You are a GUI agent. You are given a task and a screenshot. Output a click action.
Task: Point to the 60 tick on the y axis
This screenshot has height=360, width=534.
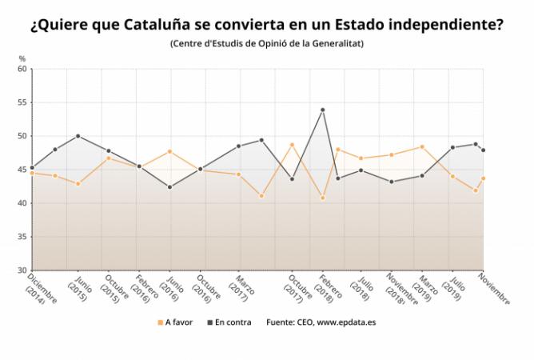tap(22, 69)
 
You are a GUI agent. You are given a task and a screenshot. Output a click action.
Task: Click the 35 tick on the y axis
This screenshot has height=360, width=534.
tap(22, 237)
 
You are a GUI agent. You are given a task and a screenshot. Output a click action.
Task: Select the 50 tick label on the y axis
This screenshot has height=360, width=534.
tap(22, 136)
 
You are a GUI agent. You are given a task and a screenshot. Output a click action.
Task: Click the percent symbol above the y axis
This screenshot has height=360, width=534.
tap(22, 59)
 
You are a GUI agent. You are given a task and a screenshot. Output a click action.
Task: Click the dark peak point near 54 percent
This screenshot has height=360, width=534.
tap(322, 110)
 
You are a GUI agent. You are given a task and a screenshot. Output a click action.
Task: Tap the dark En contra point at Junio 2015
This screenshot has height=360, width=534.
tap(78, 136)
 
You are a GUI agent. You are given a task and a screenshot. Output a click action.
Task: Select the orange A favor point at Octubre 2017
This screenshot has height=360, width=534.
tap(292, 145)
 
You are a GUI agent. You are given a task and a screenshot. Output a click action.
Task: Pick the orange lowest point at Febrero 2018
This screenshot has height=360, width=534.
tap(322, 198)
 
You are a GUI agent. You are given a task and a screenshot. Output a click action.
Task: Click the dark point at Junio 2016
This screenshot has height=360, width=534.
tap(170, 187)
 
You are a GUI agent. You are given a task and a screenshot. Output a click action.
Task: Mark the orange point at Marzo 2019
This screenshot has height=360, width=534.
tap(422, 147)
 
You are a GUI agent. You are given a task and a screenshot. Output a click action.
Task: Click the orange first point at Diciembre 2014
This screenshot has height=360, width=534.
tap(32, 173)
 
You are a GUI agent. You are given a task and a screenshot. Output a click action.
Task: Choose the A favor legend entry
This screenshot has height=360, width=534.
tap(175, 322)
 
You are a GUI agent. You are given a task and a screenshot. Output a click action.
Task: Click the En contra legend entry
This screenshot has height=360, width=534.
tap(229, 322)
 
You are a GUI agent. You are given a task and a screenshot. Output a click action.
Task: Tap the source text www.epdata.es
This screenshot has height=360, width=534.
tap(346, 322)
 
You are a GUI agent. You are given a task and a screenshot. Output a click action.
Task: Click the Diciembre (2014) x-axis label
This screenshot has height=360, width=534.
tap(41, 289)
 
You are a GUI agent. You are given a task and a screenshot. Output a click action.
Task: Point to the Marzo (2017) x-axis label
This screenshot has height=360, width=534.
tap(241, 288)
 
